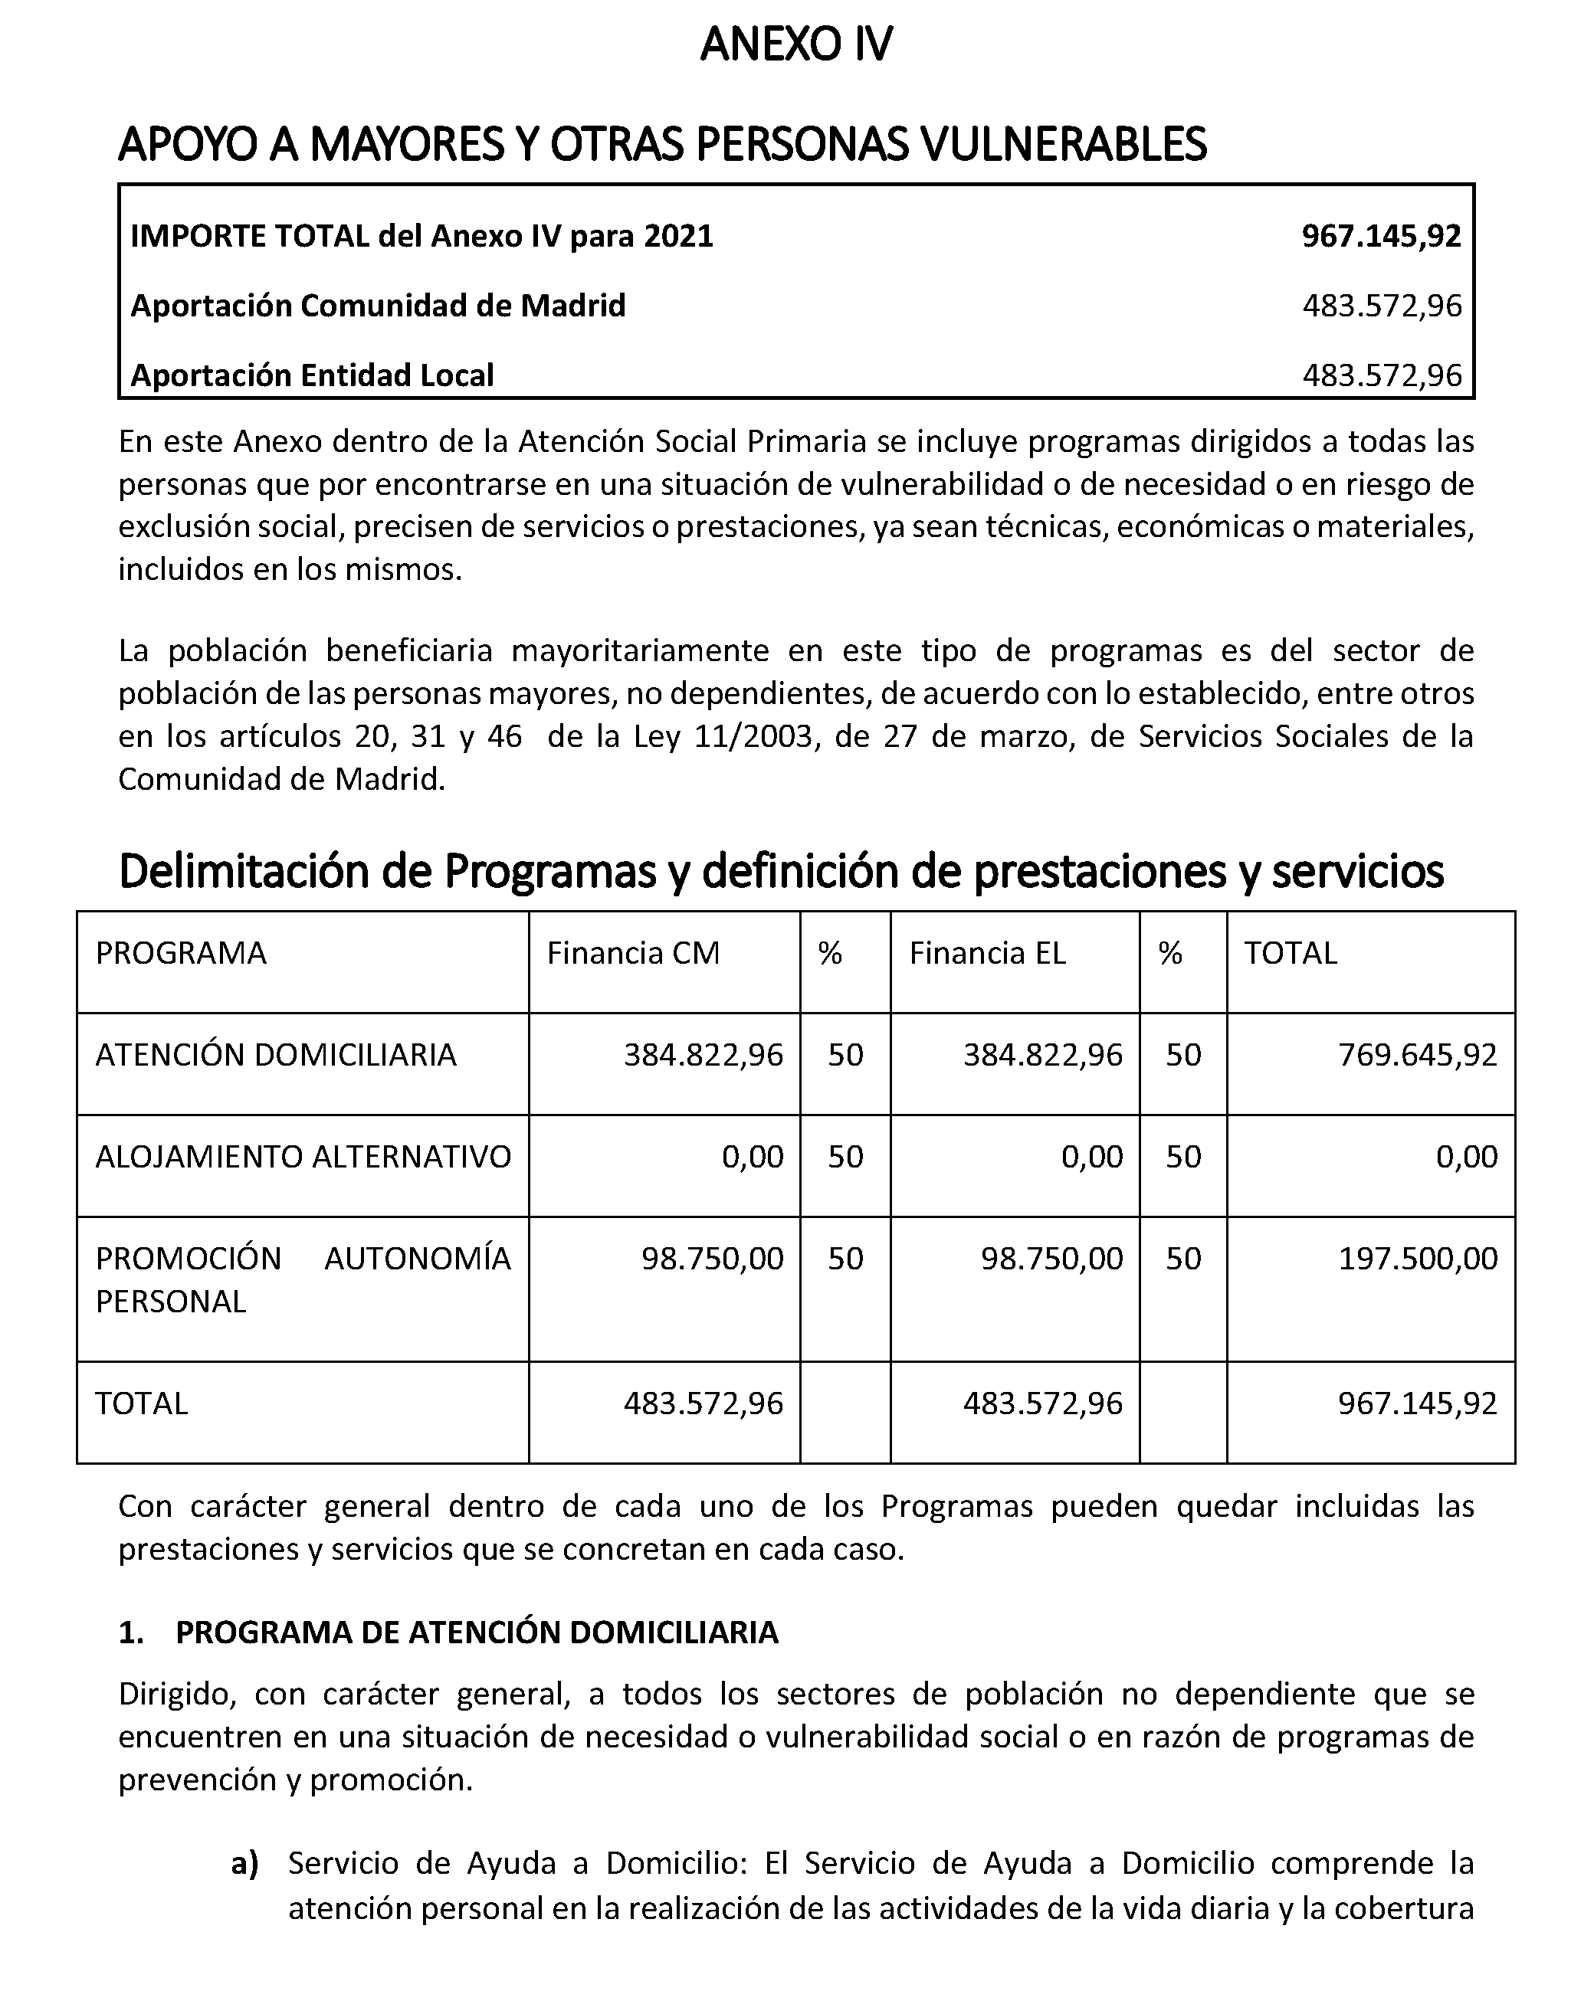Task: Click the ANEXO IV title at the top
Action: tap(795, 44)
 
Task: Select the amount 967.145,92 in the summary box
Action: tap(1380, 237)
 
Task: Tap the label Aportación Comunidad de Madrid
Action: tap(378, 306)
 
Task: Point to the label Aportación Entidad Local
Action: tap(312, 375)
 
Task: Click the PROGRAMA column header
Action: tap(181, 953)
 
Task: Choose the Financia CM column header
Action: tap(633, 953)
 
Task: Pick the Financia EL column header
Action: tap(987, 953)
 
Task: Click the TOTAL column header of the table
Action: tap(1291, 953)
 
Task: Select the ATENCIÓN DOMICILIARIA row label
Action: tap(276, 1055)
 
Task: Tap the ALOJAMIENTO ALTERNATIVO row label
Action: tap(303, 1158)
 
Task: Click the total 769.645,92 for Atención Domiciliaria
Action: tap(1418, 1055)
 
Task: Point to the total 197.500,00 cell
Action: tap(1418, 1259)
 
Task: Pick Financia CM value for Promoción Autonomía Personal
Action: tap(712, 1259)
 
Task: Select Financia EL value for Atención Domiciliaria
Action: tap(1042, 1055)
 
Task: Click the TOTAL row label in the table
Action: tap(141, 1403)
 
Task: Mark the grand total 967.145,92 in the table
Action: tap(1418, 1403)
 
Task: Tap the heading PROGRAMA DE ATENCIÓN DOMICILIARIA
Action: tap(476, 1633)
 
